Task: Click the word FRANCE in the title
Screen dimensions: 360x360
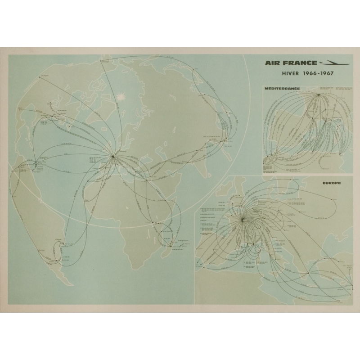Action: [x=301, y=63]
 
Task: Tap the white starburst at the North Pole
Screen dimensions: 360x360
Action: [x=121, y=96]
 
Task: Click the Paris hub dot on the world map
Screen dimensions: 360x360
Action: [x=112, y=157]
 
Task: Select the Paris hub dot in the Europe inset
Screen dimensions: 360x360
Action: [x=243, y=220]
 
